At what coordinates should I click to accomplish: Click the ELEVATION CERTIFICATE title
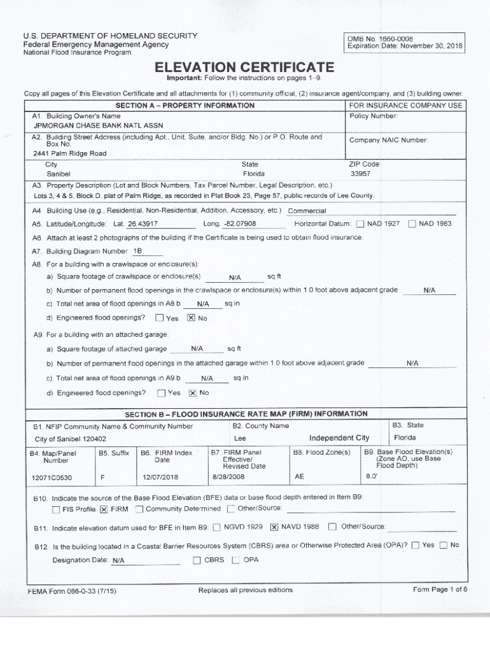[246, 67]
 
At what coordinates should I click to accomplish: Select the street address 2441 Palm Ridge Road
[70, 153]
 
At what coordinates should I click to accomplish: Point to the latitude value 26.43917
[143, 223]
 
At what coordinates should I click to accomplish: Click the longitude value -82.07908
[239, 223]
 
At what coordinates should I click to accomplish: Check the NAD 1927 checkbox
[360, 223]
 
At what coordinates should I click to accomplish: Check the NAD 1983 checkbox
[412, 223]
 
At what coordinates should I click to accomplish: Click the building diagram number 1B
[137, 251]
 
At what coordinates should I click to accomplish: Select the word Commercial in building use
[307, 211]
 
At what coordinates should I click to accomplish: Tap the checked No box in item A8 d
[190, 318]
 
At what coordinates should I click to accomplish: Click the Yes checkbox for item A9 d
[161, 393]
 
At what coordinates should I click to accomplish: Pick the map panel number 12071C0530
[52, 478]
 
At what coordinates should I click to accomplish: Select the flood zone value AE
[300, 476]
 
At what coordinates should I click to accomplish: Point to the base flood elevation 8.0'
[372, 476]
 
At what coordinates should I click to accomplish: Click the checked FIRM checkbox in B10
[104, 509]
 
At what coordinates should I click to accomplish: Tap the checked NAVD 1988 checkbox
[274, 527]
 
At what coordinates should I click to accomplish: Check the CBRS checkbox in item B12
[197, 560]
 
